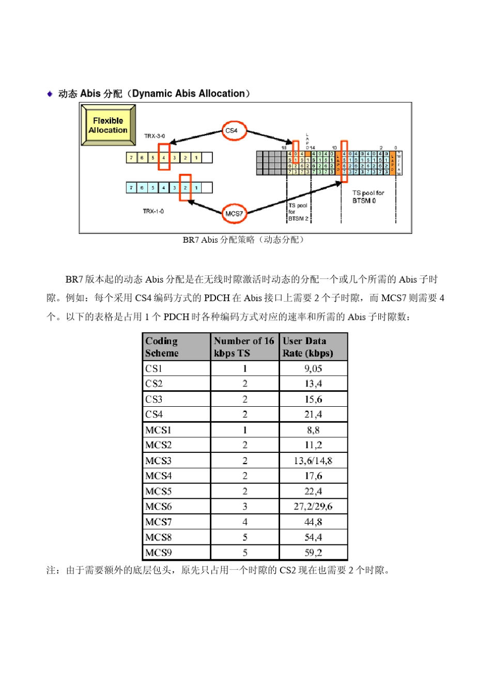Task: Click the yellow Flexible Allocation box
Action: tap(108, 125)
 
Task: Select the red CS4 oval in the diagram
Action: tap(234, 130)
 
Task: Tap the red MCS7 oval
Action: tap(234, 213)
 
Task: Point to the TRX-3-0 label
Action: tap(155, 136)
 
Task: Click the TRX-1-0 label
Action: tap(153, 211)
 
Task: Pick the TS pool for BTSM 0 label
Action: tap(368, 197)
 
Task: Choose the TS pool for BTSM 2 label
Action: tap(298, 212)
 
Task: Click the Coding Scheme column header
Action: tap(162, 347)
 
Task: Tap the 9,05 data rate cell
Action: tap(313, 368)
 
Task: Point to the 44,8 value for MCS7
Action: tap(313, 522)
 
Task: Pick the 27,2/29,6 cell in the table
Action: tap(313, 506)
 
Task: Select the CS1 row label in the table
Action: tap(154, 368)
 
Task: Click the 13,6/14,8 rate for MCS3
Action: tap(313, 461)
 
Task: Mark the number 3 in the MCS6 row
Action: tap(245, 506)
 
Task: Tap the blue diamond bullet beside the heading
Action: tap(50, 94)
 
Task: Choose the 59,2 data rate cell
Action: tap(313, 553)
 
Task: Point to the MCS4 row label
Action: tap(159, 476)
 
